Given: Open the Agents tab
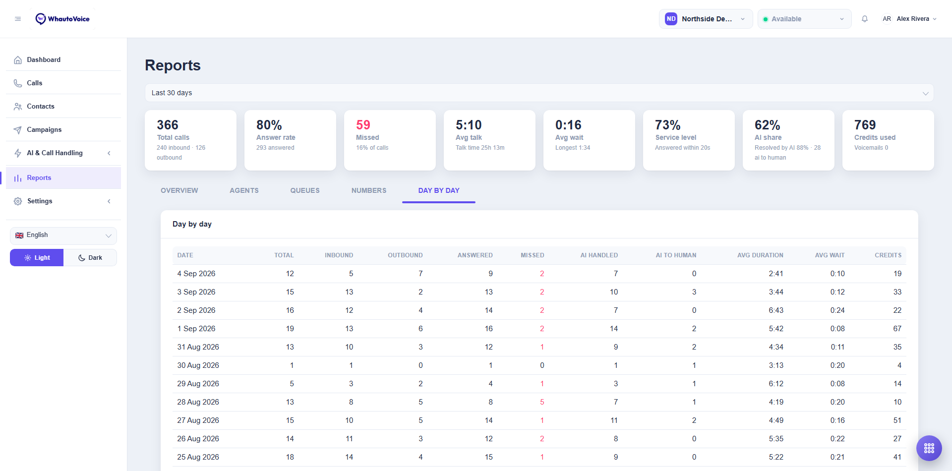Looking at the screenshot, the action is coord(244,190).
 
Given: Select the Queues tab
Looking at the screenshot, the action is coord(305,190).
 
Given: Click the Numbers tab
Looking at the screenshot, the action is coord(369,190).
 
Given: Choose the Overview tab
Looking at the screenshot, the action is coord(179,190).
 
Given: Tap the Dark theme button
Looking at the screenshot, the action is coord(90,258).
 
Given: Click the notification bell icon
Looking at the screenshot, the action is coord(865,19).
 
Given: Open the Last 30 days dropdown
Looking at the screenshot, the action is coord(539,93).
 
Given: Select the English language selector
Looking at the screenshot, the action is coord(63,235).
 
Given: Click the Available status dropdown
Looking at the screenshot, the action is coord(804,19).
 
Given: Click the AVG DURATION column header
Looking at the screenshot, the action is coord(760,255).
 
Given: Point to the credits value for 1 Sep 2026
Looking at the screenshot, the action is coord(897,329).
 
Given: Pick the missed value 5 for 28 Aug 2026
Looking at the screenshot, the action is coord(542,402).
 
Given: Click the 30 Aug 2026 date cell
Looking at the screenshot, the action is coord(198,365).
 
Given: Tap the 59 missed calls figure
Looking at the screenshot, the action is coord(363,125).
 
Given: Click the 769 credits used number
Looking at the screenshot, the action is coord(865,125).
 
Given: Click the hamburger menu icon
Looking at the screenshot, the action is coord(18,19).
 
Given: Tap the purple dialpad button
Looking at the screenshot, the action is coord(929,448).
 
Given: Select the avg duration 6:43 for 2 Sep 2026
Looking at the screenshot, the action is coord(776,310).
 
